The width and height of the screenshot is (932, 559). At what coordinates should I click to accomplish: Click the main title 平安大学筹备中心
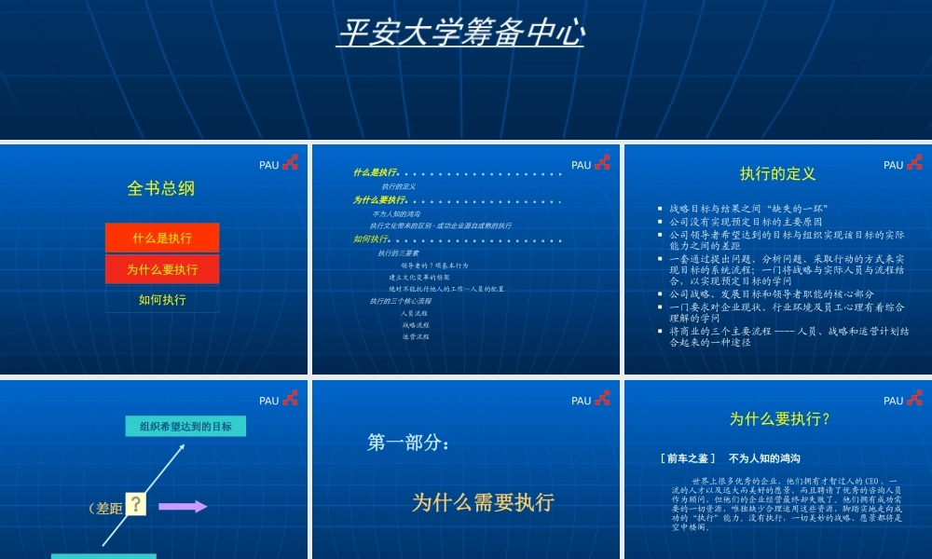(x=460, y=34)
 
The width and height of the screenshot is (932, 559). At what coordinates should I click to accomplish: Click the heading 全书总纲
(x=161, y=188)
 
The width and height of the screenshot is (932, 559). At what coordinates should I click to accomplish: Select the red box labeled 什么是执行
(x=162, y=238)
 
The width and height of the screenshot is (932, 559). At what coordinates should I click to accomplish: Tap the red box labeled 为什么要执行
(x=162, y=269)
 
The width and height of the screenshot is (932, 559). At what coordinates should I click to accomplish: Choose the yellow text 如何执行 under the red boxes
(x=162, y=300)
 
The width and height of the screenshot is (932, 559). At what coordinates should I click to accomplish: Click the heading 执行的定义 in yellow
(x=777, y=173)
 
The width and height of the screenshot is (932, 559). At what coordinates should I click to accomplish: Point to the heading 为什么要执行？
(x=779, y=419)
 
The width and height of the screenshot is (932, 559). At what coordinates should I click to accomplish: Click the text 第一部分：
(x=409, y=443)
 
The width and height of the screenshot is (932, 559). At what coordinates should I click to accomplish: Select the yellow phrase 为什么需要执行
(x=483, y=502)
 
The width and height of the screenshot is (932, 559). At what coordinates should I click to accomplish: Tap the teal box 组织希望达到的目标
(x=185, y=427)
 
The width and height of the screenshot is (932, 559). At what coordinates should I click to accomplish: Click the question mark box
(x=137, y=505)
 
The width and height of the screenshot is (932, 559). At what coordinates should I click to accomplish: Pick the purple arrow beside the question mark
(x=183, y=506)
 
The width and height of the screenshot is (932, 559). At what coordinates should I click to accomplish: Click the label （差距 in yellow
(x=104, y=508)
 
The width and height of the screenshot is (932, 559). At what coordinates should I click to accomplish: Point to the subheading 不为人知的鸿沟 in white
(x=763, y=458)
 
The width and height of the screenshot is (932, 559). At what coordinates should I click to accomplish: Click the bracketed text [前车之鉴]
(x=688, y=458)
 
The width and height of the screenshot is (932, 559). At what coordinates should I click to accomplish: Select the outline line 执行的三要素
(x=398, y=253)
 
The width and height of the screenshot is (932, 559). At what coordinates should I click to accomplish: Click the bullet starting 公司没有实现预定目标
(x=746, y=222)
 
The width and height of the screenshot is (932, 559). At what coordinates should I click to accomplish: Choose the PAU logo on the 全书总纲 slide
(x=279, y=164)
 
